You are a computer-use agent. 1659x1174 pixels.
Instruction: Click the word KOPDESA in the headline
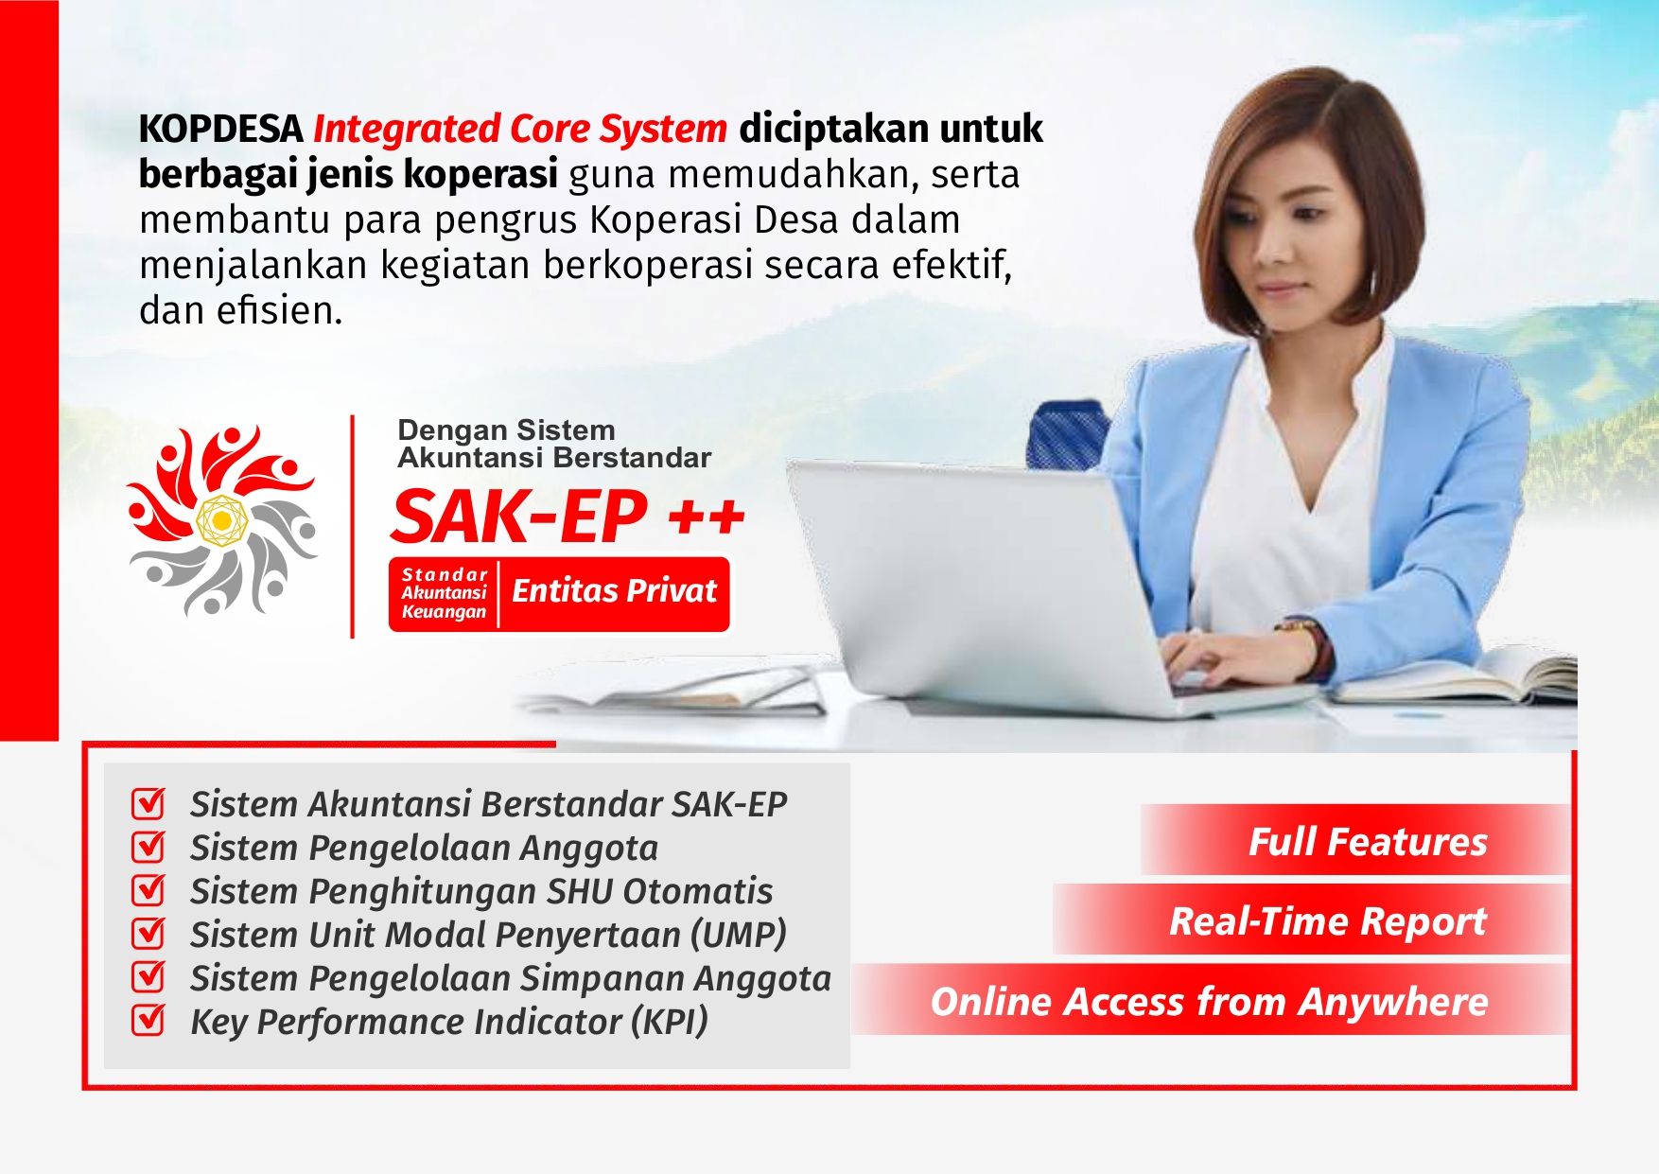(220, 130)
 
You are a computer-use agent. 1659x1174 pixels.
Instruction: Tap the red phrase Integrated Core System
(519, 130)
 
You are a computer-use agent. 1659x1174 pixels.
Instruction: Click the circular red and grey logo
(222, 520)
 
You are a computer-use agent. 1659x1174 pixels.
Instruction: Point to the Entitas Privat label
(614, 591)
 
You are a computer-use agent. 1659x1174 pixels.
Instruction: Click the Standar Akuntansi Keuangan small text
(444, 593)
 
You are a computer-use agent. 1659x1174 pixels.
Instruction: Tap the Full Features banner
(1367, 841)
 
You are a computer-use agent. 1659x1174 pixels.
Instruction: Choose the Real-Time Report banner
(1326, 920)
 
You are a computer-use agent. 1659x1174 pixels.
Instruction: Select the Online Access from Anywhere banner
(1209, 1001)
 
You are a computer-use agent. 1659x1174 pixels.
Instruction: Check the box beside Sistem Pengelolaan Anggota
(148, 847)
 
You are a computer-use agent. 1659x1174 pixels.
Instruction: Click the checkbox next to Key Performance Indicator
(148, 1021)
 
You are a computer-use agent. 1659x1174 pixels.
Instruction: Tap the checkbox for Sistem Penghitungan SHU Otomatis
(148, 890)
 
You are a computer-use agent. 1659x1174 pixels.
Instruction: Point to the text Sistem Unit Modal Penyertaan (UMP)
(488, 935)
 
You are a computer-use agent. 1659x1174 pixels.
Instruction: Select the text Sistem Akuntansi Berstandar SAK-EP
(488, 804)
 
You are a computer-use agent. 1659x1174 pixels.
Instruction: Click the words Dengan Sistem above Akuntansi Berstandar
(506, 430)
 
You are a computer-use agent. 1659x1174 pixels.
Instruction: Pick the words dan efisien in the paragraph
(240, 310)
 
